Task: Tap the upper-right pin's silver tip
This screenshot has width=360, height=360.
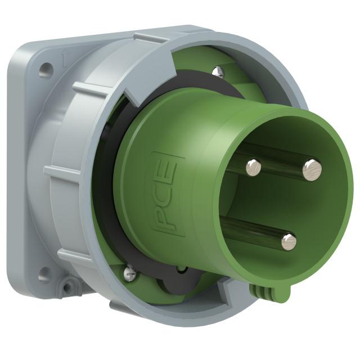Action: pyautogui.click(x=312, y=169)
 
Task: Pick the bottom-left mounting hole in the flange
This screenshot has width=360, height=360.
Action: pyautogui.click(x=44, y=274)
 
